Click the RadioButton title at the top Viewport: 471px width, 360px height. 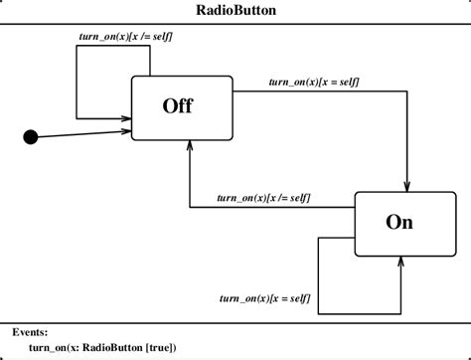tap(235, 11)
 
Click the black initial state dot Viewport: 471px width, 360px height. tap(31, 137)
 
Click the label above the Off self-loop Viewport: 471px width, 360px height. tap(125, 37)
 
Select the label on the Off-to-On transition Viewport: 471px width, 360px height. tap(314, 80)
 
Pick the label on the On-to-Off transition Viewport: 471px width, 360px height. tap(267, 198)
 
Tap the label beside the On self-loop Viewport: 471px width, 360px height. tap(264, 298)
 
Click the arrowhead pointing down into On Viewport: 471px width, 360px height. tap(408, 186)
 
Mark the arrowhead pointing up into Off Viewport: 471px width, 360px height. tap(190, 145)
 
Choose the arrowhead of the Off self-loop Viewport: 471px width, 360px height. tap(127, 116)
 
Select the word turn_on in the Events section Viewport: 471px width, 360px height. tap(48, 347)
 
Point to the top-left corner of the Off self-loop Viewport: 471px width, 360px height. tap(77, 46)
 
